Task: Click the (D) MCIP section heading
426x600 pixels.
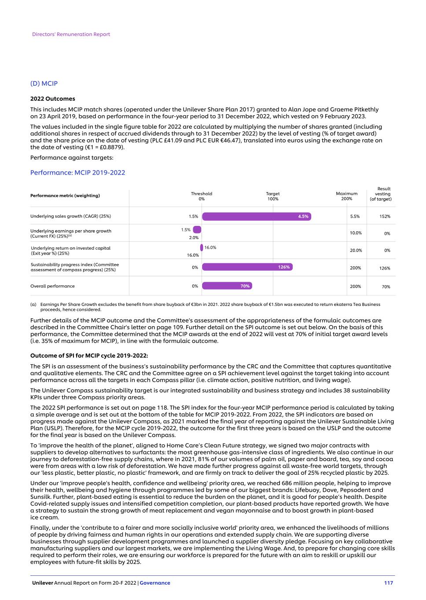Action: click(x=44, y=84)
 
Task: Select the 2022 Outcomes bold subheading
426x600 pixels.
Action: click(x=52, y=99)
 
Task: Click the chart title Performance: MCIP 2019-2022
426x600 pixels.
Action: click(x=77, y=173)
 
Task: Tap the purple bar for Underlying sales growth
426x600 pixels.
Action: click(x=256, y=216)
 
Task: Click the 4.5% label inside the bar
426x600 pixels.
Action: click(x=303, y=216)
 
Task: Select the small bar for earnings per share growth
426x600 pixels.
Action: click(x=197, y=229)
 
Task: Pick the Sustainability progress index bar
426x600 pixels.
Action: click(x=247, y=267)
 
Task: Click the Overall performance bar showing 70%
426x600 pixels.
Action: click(x=227, y=286)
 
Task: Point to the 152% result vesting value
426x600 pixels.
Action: click(x=385, y=216)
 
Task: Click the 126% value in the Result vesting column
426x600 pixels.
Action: click(x=385, y=268)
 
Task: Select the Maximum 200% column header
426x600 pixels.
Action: click(x=346, y=196)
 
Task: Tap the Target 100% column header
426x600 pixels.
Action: click(x=273, y=196)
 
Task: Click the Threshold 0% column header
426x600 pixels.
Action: click(x=202, y=196)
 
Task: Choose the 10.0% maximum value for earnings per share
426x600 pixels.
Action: click(x=356, y=233)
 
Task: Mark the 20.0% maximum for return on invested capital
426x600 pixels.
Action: click(x=356, y=251)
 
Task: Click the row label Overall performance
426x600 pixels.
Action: click(x=52, y=286)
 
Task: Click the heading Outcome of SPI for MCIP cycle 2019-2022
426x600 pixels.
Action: click(x=89, y=356)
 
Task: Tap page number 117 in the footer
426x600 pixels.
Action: click(x=388, y=583)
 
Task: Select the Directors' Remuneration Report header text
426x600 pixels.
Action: click(x=71, y=34)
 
